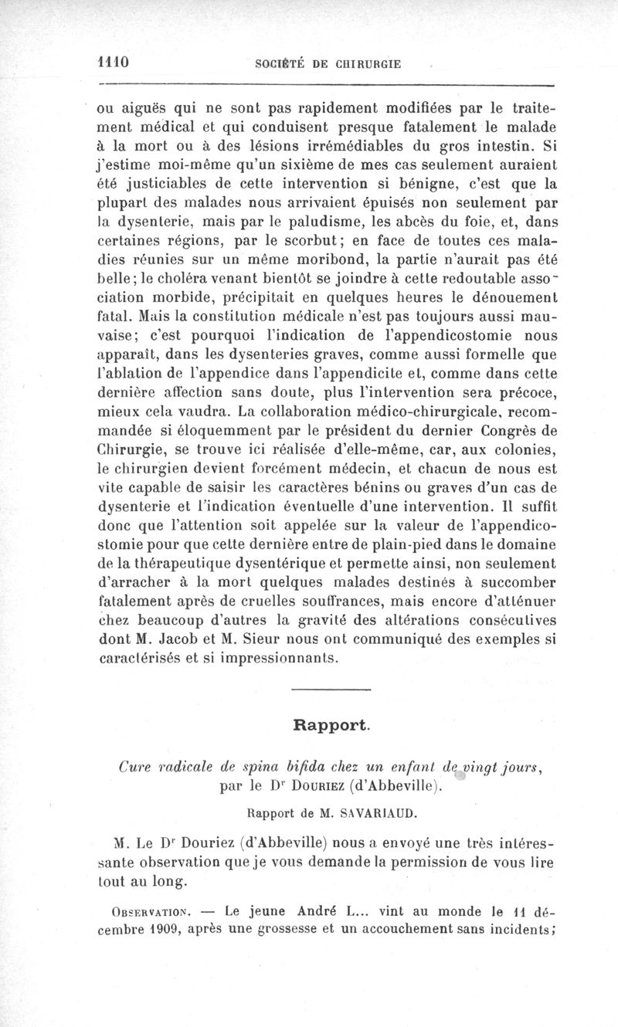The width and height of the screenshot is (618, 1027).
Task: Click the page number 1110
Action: tap(112, 63)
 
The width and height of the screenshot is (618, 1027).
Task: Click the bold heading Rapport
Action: tap(331, 725)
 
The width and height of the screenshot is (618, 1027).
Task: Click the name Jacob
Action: tap(173, 639)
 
